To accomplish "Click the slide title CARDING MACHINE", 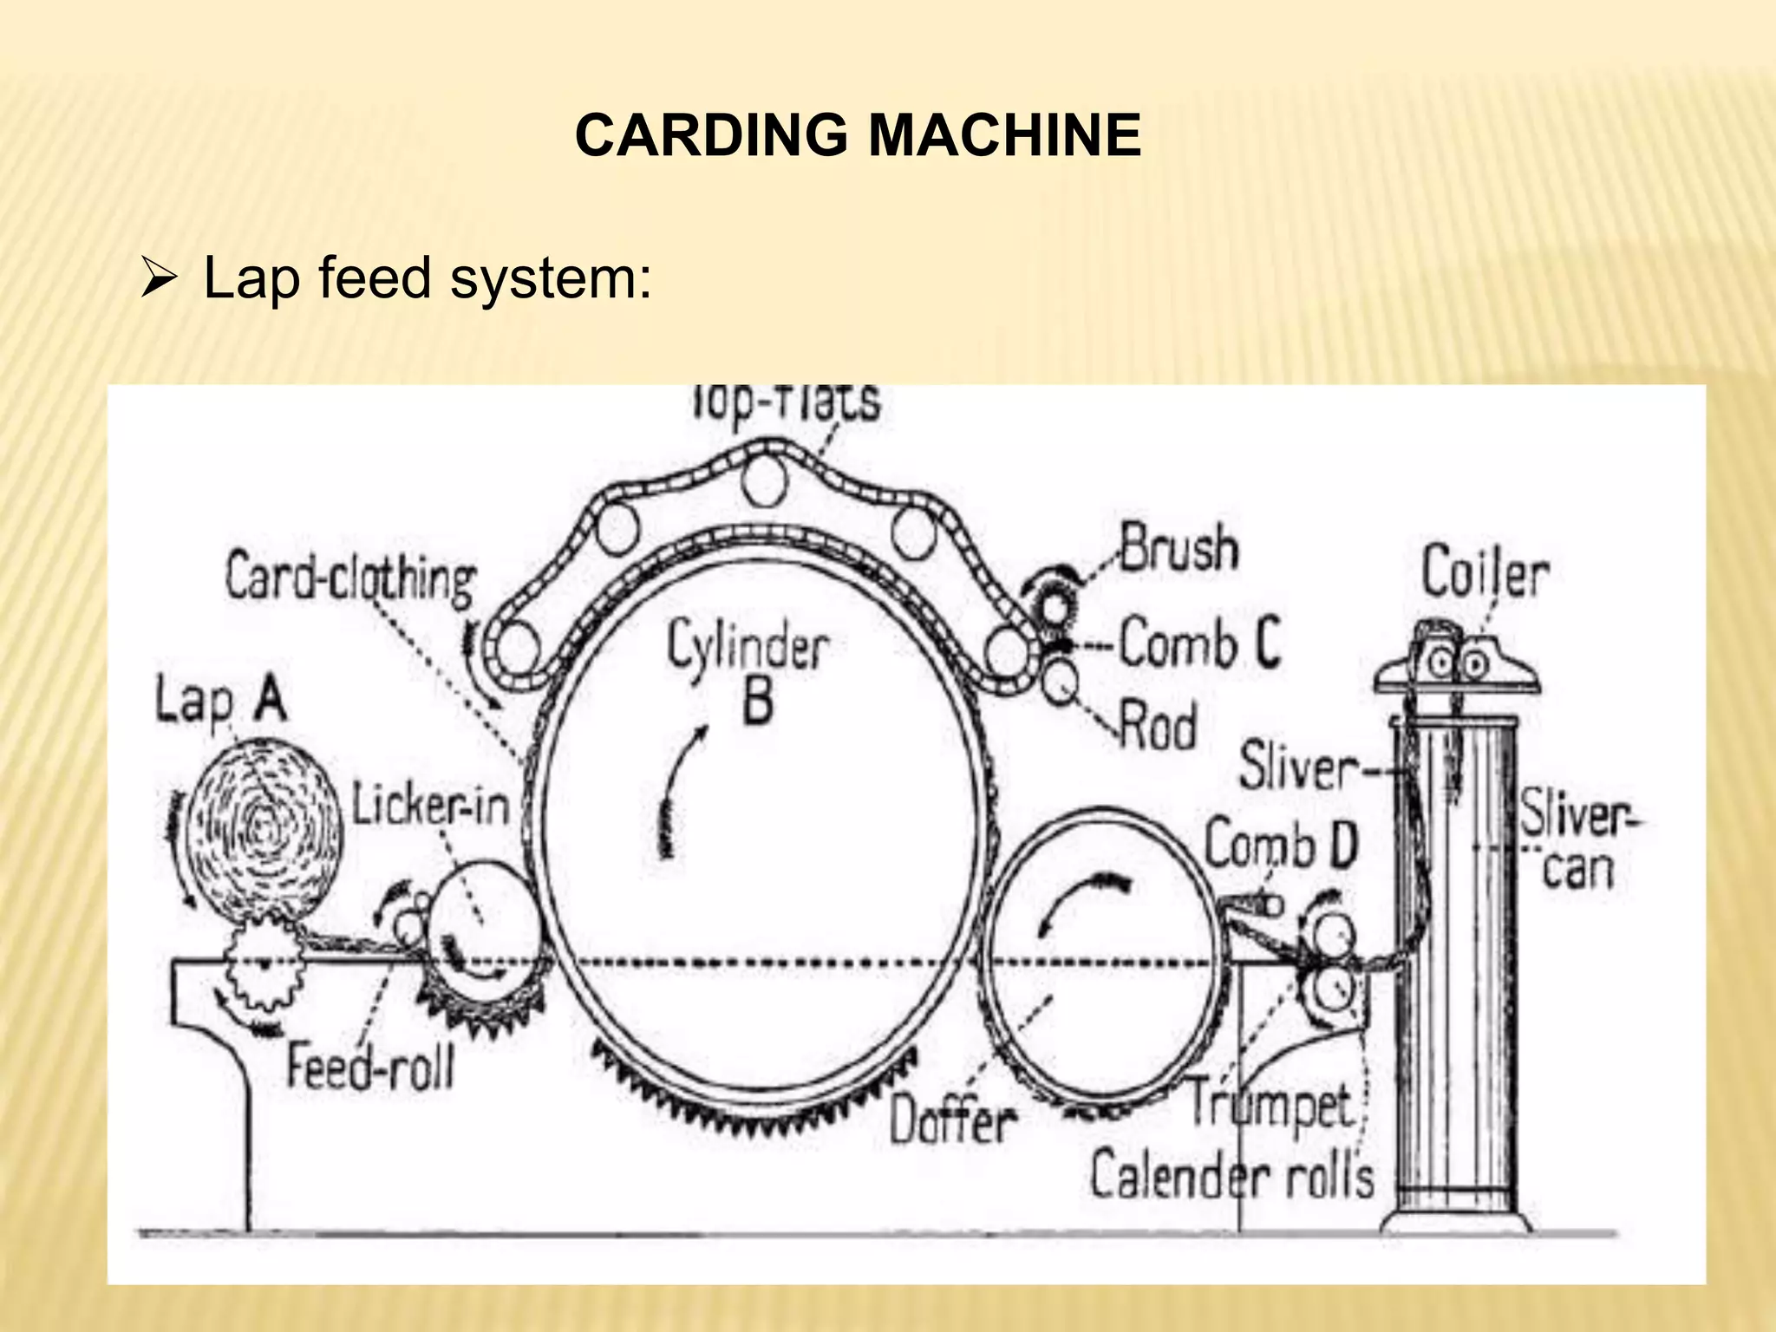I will click(x=858, y=136).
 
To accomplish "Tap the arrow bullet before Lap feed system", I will click(x=159, y=280).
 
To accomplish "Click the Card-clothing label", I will click(x=350, y=578).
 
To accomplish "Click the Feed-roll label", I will click(x=370, y=1066).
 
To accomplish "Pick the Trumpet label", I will click(x=1270, y=1106).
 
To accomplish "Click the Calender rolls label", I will click(x=1231, y=1176).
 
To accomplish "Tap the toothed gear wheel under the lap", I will click(x=262, y=963).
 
